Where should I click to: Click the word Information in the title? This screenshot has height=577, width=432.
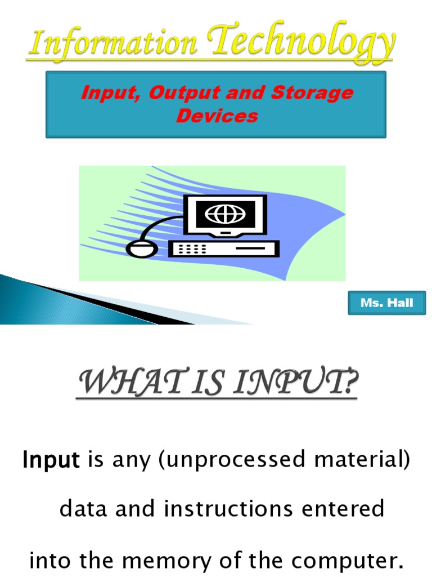(112, 45)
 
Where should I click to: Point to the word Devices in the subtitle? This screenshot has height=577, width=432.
(217, 116)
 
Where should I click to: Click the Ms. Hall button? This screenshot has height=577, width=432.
(386, 303)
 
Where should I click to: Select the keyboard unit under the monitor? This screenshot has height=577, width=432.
(223, 248)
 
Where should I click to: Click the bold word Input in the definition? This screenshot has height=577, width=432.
(51, 461)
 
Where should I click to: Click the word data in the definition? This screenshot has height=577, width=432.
(81, 509)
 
